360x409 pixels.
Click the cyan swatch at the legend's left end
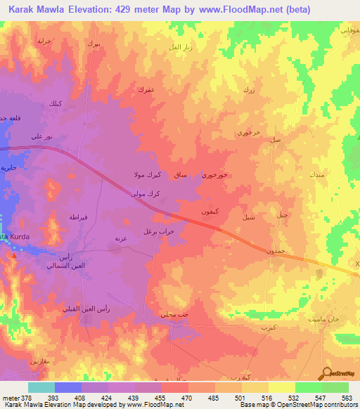click(x=41, y=388)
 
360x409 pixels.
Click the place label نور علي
click(x=41, y=136)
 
